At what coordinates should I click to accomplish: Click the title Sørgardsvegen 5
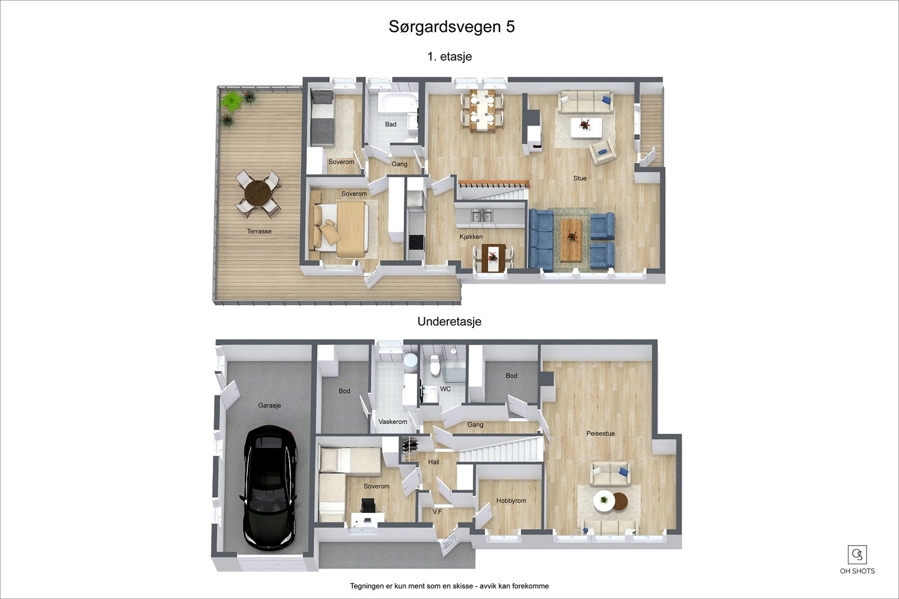tap(451, 27)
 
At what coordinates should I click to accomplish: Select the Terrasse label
tap(259, 231)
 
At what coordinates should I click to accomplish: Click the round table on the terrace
tap(257, 193)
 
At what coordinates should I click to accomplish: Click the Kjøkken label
tap(471, 237)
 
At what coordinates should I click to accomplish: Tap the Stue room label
tap(580, 178)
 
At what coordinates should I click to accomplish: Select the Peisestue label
tap(600, 433)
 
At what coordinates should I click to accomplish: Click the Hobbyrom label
tap(511, 501)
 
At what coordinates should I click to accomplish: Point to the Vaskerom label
tap(393, 421)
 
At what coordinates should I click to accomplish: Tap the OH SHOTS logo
tap(857, 560)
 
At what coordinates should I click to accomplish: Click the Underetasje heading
tap(449, 322)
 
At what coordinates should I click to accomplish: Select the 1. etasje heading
tap(449, 56)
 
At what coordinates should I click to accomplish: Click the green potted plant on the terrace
tap(231, 102)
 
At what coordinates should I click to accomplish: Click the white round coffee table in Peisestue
tap(603, 500)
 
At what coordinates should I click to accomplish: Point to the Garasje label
tap(269, 405)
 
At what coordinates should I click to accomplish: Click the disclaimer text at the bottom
tap(449, 586)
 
